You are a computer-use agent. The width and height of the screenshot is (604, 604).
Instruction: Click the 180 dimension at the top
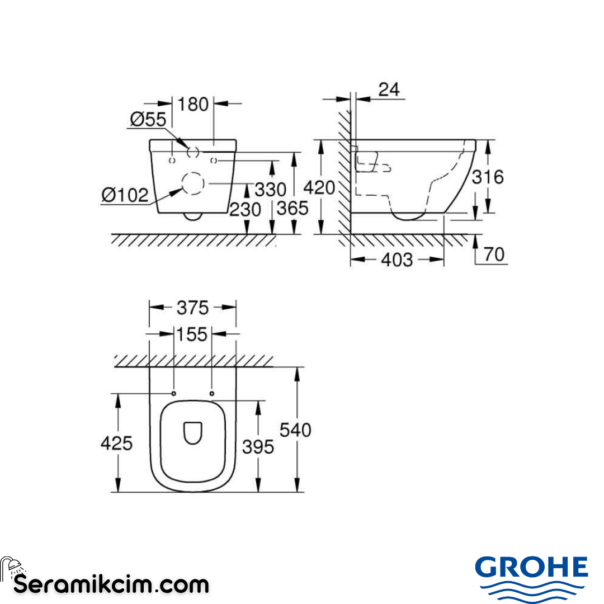tap(194, 104)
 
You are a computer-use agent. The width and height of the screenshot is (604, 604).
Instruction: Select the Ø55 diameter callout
tap(148, 119)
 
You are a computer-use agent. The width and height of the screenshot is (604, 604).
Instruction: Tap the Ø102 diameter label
tap(125, 195)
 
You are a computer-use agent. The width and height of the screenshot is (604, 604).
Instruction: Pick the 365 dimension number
tap(292, 208)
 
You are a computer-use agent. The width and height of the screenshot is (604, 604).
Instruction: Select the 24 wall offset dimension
tap(390, 89)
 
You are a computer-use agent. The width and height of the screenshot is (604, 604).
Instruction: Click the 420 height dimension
tap(319, 188)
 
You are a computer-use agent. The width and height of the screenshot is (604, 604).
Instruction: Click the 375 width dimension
tap(192, 308)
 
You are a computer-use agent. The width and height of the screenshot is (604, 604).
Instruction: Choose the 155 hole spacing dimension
tap(192, 334)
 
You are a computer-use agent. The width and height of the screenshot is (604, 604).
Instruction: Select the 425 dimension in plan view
tap(117, 443)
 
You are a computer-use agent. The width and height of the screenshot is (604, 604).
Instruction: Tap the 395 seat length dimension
tap(258, 446)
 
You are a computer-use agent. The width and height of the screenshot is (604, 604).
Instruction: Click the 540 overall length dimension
tap(295, 430)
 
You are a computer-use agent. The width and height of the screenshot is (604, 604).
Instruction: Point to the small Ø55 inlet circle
tap(193, 150)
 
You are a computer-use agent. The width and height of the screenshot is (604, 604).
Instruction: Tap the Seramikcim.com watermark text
tap(111, 585)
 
